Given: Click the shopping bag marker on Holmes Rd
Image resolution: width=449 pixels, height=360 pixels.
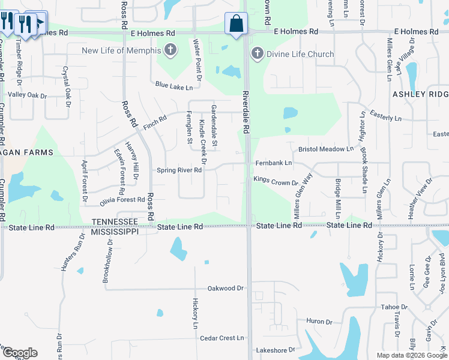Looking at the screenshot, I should (237, 25).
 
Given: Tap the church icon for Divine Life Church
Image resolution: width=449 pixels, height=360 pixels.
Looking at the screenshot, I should (257, 54).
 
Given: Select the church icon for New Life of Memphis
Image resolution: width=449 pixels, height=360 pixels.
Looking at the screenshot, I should (170, 50).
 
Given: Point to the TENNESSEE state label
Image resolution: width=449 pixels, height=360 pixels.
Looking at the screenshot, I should (115, 221).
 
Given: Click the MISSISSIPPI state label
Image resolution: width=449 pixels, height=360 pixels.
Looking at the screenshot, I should (119, 232).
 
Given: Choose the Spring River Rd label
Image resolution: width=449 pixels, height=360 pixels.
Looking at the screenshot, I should (179, 170).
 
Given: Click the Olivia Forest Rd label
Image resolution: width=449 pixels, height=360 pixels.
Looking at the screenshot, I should (122, 200).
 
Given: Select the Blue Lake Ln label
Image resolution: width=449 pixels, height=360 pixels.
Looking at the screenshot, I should (174, 86).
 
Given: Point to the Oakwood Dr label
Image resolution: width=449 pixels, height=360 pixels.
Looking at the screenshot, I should (225, 288).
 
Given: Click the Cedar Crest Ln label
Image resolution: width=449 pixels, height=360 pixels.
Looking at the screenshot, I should (222, 338).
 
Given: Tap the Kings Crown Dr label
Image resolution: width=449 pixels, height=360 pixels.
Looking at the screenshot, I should (276, 181).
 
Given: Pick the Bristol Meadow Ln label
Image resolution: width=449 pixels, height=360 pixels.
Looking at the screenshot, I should (326, 149).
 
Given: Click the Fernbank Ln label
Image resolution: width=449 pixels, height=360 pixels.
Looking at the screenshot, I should (273, 163).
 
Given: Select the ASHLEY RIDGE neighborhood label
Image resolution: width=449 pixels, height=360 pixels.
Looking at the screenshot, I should (420, 94).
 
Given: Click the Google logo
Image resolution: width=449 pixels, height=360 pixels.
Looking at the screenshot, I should (19, 353).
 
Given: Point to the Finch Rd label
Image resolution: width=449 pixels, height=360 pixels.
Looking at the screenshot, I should (154, 123).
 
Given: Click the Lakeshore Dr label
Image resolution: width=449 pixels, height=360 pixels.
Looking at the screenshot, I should (276, 350).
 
